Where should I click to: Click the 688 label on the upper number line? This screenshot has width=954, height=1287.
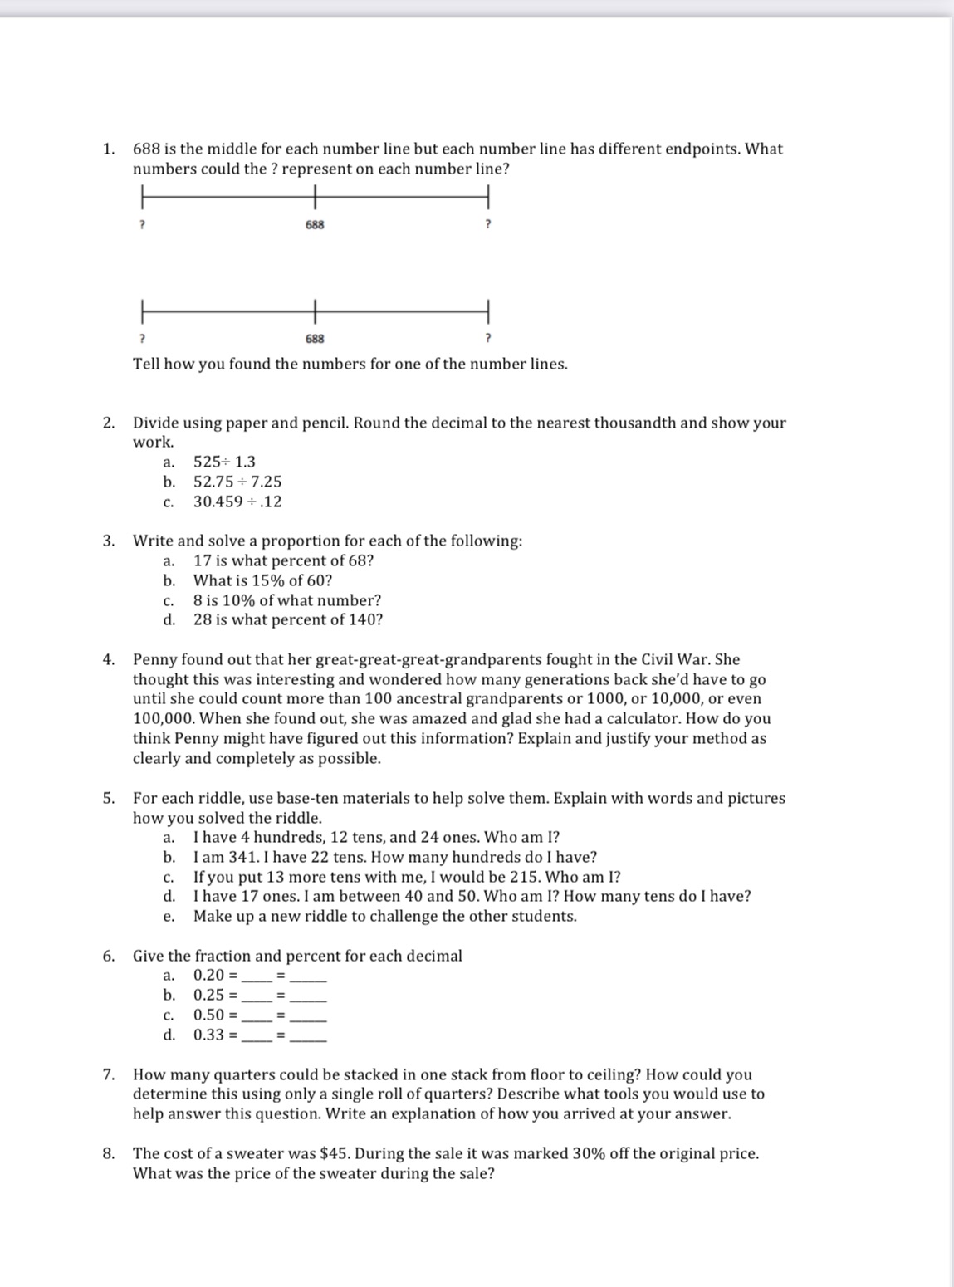click(x=315, y=225)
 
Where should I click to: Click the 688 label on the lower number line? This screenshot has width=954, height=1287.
click(x=315, y=339)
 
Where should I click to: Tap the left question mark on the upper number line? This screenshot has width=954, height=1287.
click(x=142, y=225)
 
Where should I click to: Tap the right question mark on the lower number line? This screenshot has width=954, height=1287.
click(x=487, y=339)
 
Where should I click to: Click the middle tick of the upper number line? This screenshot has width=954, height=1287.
click(x=315, y=198)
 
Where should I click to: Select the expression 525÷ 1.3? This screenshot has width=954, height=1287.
click(x=224, y=462)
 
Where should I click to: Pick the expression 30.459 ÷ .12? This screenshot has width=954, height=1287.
click(x=237, y=502)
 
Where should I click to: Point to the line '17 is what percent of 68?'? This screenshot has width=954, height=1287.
click(x=283, y=560)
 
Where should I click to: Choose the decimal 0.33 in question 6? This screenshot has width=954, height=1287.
click(x=209, y=1035)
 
